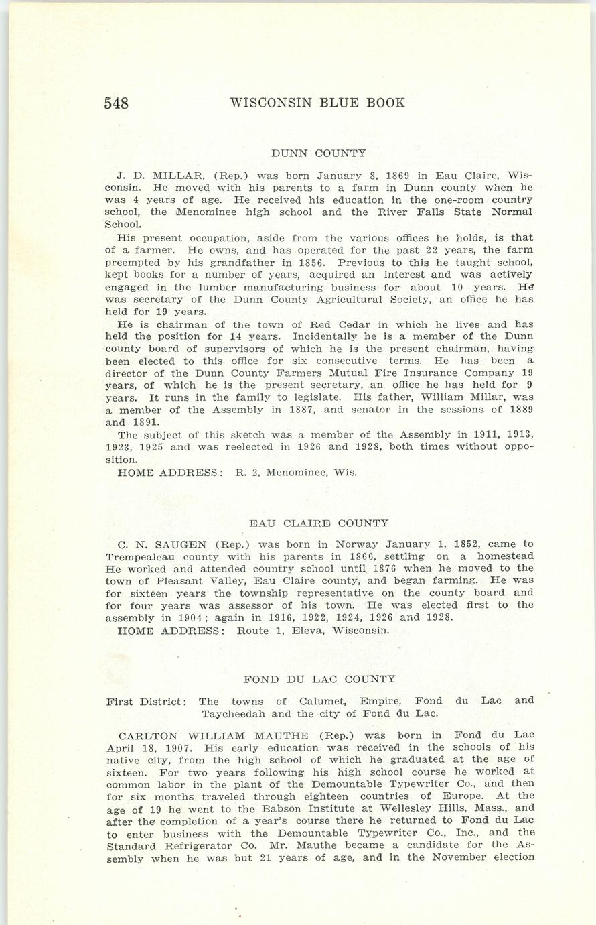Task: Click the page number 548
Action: (x=117, y=103)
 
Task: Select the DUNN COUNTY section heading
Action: (x=319, y=153)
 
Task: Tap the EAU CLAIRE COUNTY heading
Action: (x=319, y=523)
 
